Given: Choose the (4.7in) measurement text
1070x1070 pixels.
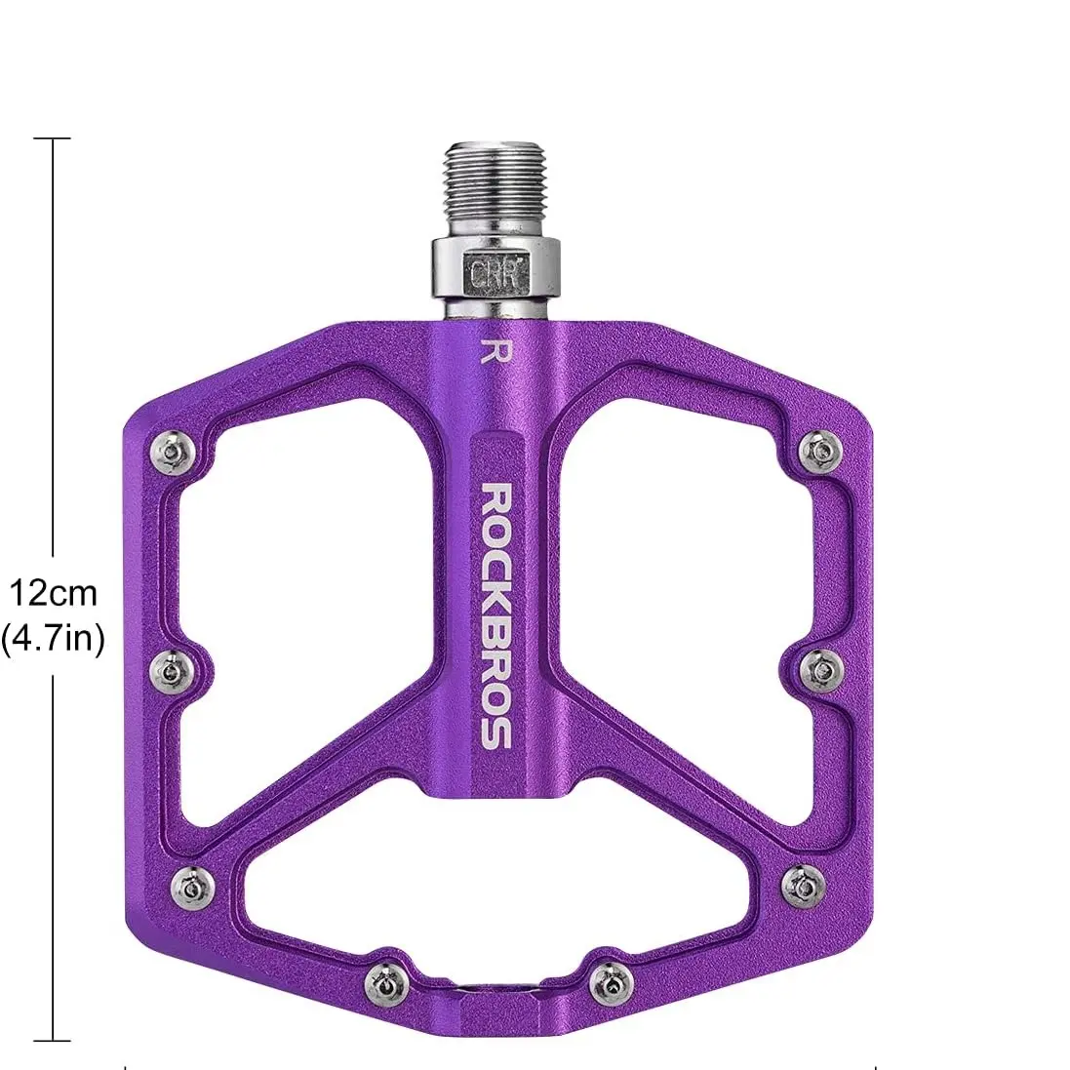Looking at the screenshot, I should [x=53, y=639].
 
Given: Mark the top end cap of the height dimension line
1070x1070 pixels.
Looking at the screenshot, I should [x=53, y=139].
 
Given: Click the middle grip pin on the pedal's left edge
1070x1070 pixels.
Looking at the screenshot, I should [x=172, y=669].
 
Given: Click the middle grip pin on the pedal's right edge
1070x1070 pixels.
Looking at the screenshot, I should [x=819, y=669].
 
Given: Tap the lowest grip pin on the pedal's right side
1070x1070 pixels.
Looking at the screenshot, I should [x=802, y=885].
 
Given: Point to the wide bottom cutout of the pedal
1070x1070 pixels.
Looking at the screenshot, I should [x=497, y=878].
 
